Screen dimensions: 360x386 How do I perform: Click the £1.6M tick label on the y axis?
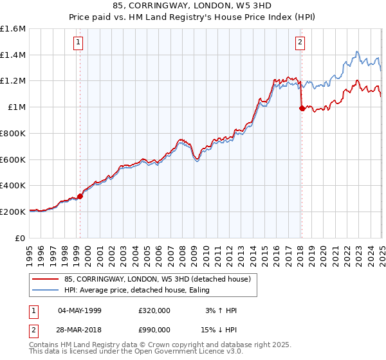click(13, 29)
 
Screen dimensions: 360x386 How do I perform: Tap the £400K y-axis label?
click(13, 185)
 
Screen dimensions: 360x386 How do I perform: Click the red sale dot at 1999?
click(80, 196)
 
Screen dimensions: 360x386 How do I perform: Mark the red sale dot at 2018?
click(301, 109)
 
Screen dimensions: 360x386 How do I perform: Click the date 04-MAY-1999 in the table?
click(80, 310)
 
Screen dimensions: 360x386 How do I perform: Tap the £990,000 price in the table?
click(154, 329)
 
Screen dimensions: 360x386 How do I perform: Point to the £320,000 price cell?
click(154, 310)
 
